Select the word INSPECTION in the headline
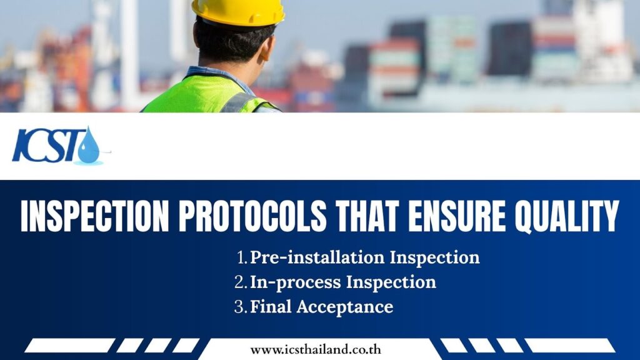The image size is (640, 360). (95, 217)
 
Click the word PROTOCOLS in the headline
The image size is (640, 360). (252, 217)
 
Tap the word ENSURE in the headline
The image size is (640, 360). (457, 217)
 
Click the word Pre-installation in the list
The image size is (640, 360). (317, 257)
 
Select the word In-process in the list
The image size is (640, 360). (295, 282)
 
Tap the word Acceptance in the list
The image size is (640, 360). (345, 307)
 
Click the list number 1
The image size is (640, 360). (242, 257)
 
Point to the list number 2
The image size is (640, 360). (241, 282)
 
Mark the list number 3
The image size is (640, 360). (241, 307)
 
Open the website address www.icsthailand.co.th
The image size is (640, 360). (316, 350)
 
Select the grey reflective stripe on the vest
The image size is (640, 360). (239, 103)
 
